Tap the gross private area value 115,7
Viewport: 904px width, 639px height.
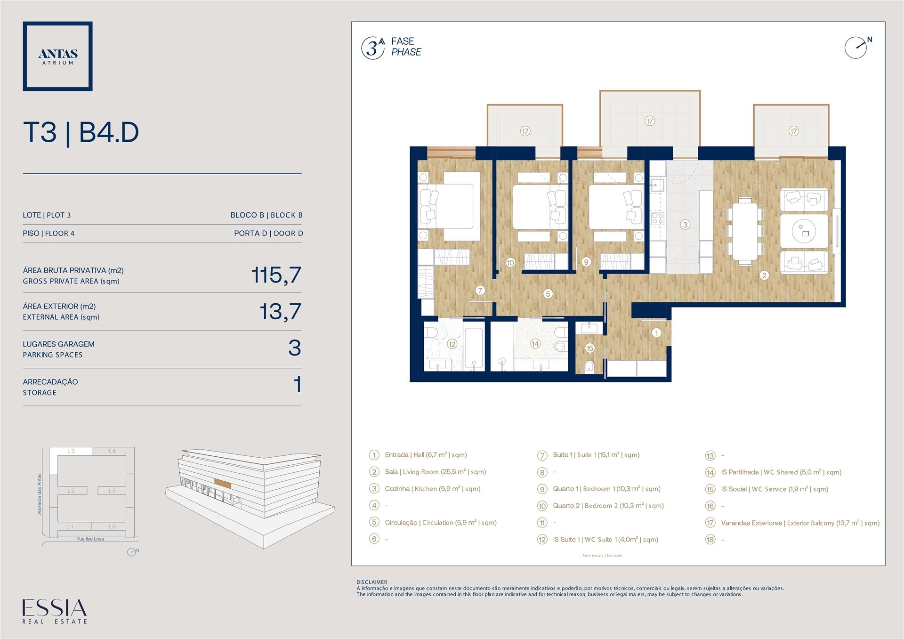pyautogui.click(x=276, y=275)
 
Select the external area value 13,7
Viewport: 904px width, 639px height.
pyautogui.click(x=280, y=311)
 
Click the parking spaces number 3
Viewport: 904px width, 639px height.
pyautogui.click(x=295, y=348)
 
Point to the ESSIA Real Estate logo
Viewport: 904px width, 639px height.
pyautogui.click(x=55, y=611)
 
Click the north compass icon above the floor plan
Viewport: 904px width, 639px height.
pyautogui.click(x=856, y=48)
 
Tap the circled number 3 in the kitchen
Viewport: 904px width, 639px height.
pyautogui.click(x=685, y=225)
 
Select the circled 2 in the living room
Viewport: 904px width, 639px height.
pyautogui.click(x=764, y=275)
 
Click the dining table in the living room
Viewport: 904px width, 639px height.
pyautogui.click(x=745, y=231)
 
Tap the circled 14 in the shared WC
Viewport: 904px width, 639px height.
pyautogui.click(x=535, y=344)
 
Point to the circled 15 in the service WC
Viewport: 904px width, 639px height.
pyautogui.click(x=590, y=348)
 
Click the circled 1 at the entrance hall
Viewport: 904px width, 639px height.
pyautogui.click(x=656, y=333)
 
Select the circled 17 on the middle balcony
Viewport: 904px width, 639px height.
pyautogui.click(x=650, y=121)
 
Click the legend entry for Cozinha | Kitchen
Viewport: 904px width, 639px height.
pyautogui.click(x=433, y=489)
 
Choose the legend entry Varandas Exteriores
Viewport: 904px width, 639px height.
pyautogui.click(x=800, y=523)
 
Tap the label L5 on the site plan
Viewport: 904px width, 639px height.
pyautogui.click(x=112, y=491)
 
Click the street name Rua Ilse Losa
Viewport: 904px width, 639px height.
pyautogui.click(x=90, y=539)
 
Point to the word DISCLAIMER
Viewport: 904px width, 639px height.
pyautogui.click(x=372, y=582)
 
